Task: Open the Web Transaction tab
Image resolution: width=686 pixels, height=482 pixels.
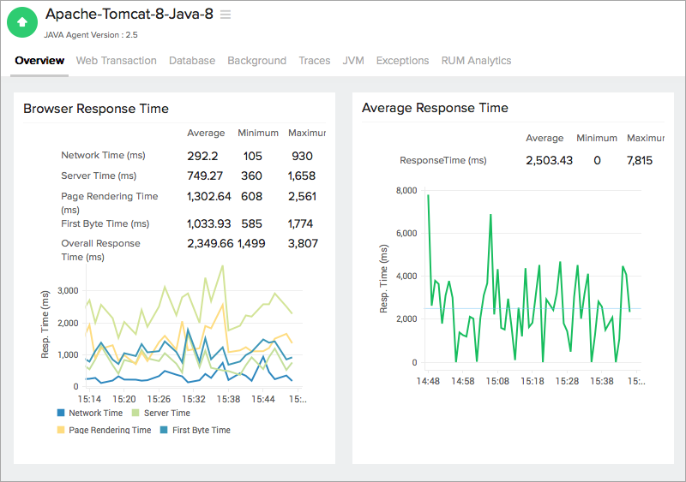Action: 116,61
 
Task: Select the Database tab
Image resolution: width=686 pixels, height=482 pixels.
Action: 192,61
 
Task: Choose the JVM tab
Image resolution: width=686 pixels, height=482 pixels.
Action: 353,61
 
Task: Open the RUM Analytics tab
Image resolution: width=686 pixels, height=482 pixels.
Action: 476,61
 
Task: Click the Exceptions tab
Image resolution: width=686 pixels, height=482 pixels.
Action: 402,61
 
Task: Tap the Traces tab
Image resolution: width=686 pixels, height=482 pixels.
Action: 314,61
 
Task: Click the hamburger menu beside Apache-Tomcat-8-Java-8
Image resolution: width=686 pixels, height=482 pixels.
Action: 226,15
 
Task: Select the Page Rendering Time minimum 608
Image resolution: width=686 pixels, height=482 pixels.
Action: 252,196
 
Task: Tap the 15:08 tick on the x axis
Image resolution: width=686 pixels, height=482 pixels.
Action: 498,380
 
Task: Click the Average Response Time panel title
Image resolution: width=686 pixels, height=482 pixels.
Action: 435,108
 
